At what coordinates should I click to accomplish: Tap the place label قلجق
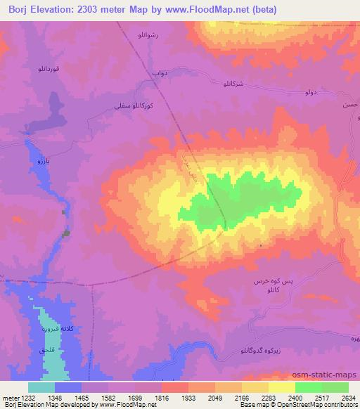click(x=46, y=348)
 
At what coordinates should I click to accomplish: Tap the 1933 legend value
click(x=188, y=397)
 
